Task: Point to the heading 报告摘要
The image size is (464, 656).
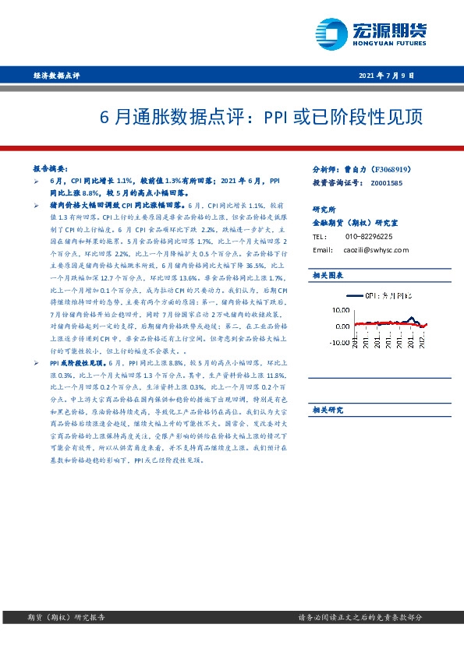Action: tap(51, 168)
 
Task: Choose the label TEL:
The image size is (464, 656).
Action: tap(319, 236)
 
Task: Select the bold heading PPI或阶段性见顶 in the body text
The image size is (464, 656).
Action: tap(77, 363)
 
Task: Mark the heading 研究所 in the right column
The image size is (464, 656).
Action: tap(324, 210)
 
